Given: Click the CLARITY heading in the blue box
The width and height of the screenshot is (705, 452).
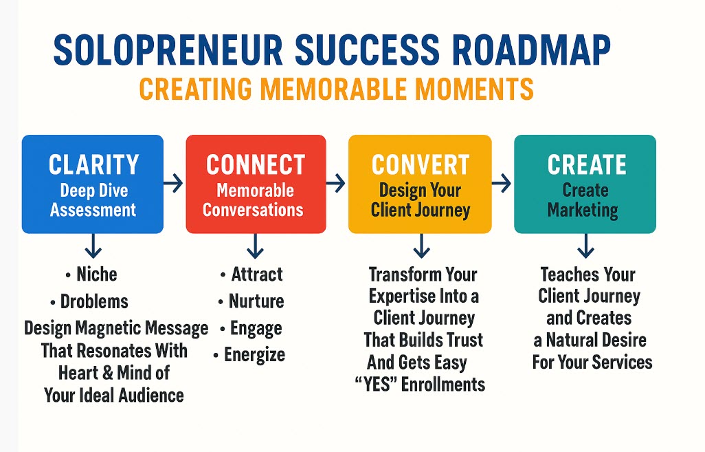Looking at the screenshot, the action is (x=94, y=164).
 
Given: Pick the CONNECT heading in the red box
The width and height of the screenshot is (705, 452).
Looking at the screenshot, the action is (x=256, y=164).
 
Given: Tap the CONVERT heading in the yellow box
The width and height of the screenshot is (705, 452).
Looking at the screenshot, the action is (x=421, y=164).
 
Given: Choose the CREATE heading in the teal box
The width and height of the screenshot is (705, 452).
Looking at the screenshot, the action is (x=587, y=164).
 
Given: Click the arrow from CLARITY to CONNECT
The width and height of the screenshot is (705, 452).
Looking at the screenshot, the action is (x=174, y=183).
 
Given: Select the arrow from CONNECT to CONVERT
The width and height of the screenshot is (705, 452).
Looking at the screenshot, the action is (x=336, y=183).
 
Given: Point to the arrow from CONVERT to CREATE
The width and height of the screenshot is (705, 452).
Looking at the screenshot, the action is (x=502, y=183).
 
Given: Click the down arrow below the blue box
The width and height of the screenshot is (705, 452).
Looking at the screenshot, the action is (x=93, y=246).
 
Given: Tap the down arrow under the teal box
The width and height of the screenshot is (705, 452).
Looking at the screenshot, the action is (x=585, y=246).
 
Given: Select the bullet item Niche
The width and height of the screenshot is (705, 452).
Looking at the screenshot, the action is (x=97, y=275).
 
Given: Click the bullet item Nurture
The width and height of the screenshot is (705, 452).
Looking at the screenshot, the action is (x=256, y=301).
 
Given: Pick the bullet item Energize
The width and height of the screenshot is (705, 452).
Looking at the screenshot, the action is (x=254, y=355).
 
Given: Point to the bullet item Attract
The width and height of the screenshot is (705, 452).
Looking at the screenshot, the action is (x=257, y=275).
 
